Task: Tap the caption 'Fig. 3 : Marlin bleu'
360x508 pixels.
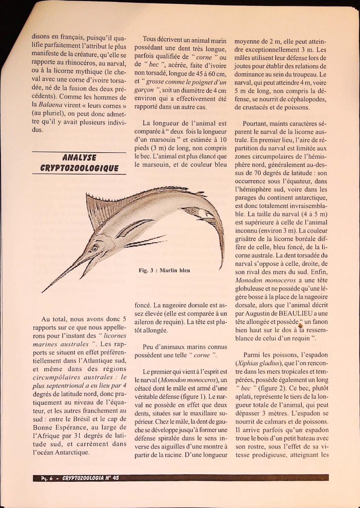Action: tap(164, 270)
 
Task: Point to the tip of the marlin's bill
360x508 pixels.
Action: tap(43, 292)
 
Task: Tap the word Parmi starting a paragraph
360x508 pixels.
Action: tap(254, 355)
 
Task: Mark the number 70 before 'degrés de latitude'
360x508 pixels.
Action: tap(255, 173)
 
